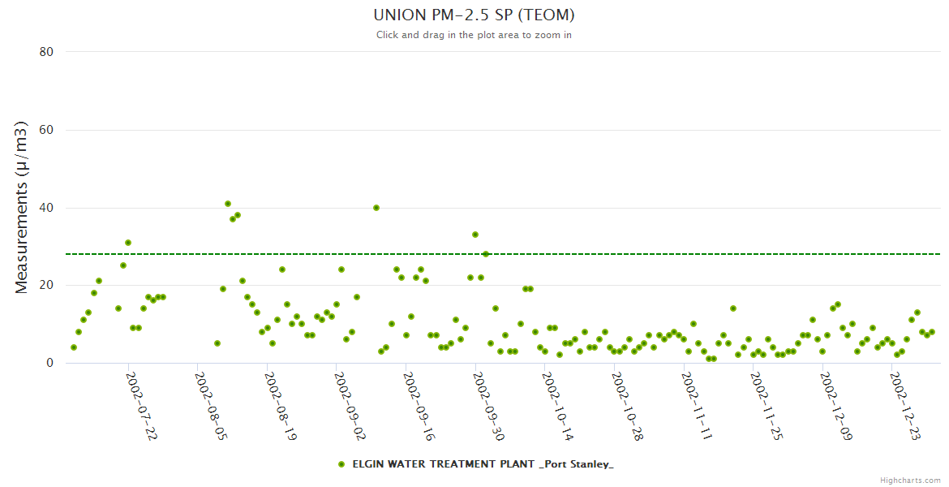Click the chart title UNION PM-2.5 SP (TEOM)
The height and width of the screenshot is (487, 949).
click(474, 15)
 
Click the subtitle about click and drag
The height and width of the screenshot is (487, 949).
click(474, 35)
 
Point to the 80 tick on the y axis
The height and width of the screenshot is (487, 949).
click(46, 52)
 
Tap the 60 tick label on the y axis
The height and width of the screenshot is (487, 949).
click(46, 130)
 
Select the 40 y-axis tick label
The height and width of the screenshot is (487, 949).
click(46, 208)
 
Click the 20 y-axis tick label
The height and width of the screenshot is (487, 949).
click(46, 286)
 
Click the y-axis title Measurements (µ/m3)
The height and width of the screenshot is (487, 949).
click(22, 207)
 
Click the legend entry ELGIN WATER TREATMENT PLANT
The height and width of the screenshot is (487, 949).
click(483, 464)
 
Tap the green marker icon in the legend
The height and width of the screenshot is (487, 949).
click(341, 464)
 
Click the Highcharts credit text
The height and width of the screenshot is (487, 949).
click(910, 480)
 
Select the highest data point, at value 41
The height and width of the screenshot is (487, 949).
click(228, 204)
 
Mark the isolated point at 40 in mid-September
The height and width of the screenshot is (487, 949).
click(376, 208)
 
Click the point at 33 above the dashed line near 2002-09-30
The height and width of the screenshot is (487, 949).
click(475, 235)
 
